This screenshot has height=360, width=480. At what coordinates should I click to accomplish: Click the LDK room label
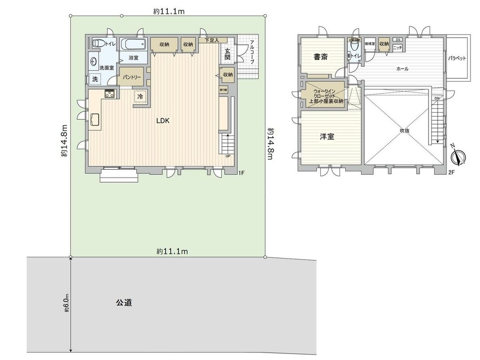click(x=162, y=120)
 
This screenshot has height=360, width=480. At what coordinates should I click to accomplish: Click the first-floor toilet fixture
click(x=98, y=44)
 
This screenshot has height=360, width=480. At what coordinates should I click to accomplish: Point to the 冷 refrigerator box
click(x=140, y=96)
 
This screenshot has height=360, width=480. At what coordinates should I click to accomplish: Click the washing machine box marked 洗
click(x=95, y=79)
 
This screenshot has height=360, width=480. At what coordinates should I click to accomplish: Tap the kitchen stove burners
click(x=110, y=94)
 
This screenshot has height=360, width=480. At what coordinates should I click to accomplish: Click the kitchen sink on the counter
click(x=95, y=120)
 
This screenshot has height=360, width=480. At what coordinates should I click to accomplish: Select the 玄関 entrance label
click(x=227, y=54)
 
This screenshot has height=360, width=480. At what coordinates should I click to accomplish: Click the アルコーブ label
click(x=252, y=52)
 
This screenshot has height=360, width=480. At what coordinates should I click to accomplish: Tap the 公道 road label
click(x=124, y=303)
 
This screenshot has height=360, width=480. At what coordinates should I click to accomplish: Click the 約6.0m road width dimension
click(x=66, y=303)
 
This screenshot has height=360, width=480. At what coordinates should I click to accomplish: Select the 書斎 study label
click(x=321, y=56)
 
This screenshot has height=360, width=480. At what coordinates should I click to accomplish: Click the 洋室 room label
click(x=327, y=137)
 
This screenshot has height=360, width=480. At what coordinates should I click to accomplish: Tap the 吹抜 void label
click(x=404, y=131)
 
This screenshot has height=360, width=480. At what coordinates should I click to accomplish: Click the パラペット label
click(x=457, y=58)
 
